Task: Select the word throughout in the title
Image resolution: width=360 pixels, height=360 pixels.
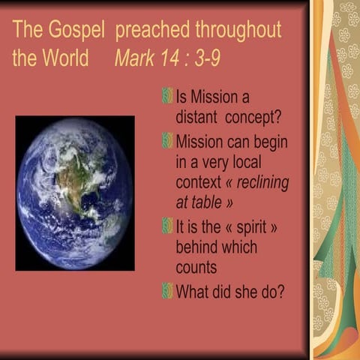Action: pyautogui.click(x=238, y=31)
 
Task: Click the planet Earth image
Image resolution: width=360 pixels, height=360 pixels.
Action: pyautogui.click(x=75, y=193)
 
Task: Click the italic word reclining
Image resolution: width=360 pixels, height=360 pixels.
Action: pyautogui.click(x=259, y=182)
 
